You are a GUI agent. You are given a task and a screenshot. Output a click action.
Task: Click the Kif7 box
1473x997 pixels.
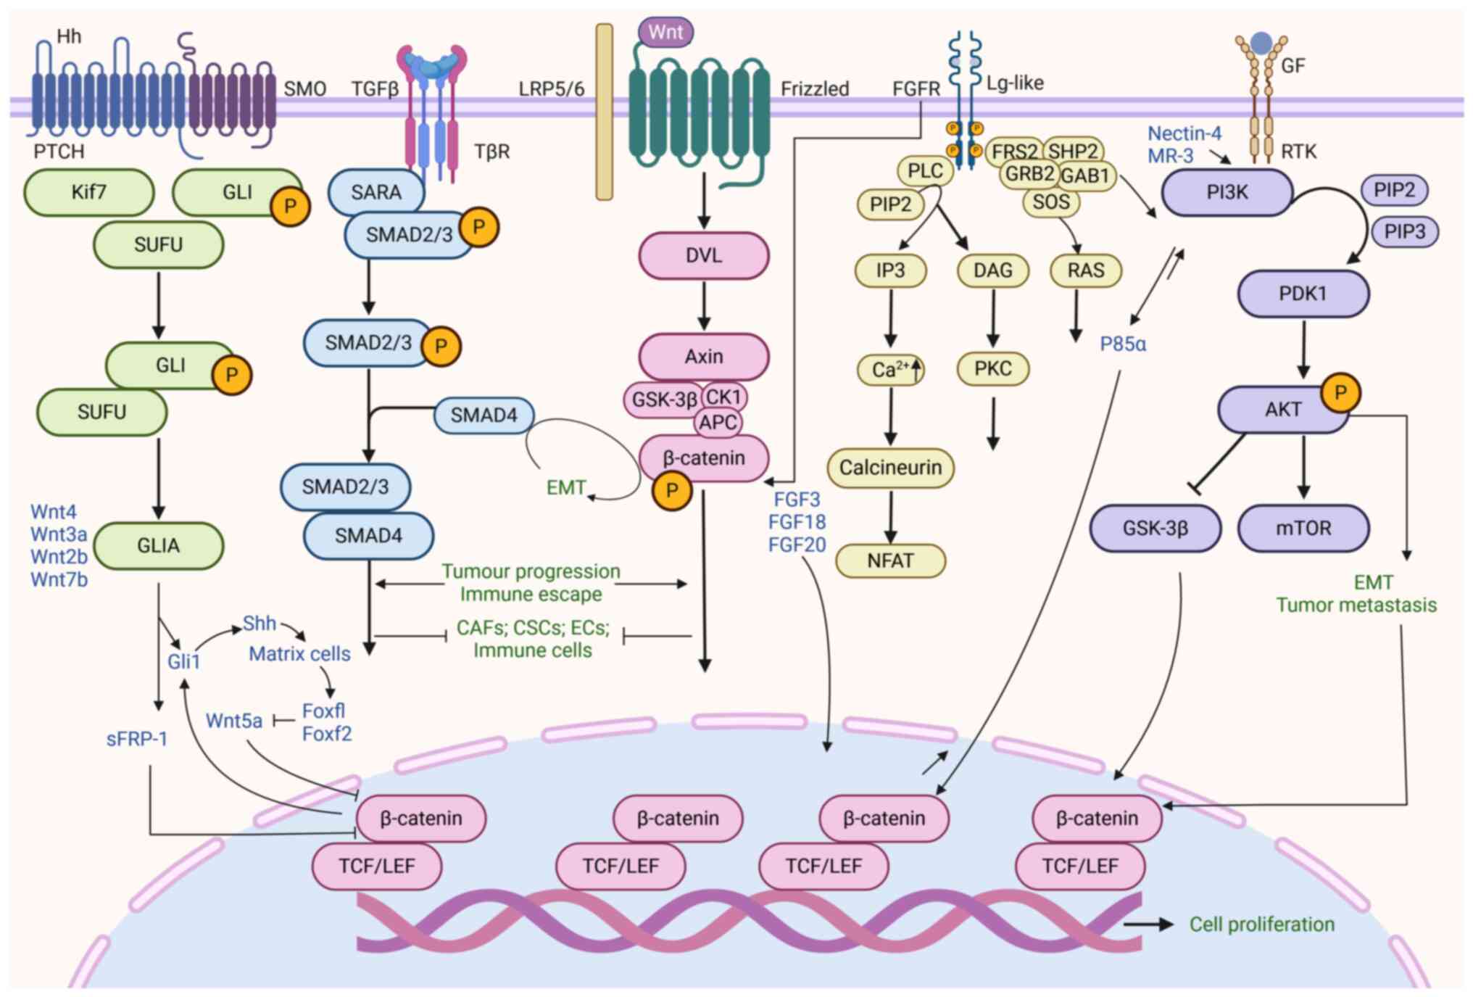pos(88,192)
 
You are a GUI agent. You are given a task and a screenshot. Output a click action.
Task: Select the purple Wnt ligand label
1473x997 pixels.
pos(665,32)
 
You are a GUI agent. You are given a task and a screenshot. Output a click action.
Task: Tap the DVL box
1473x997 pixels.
pos(703,255)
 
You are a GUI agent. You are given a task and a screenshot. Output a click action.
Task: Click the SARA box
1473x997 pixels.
pos(375,192)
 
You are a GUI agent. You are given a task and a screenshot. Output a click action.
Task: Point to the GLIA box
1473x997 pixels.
pos(158,545)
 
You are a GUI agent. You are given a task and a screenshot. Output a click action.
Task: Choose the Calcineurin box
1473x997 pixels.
pos(890,468)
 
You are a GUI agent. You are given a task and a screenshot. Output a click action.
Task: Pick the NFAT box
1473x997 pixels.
pos(890,560)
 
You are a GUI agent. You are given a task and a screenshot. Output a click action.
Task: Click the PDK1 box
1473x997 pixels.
pos(1303,294)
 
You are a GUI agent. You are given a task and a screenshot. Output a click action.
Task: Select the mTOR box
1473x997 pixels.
pos(1303,528)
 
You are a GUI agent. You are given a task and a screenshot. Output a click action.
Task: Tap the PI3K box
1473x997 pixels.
pos(1227,192)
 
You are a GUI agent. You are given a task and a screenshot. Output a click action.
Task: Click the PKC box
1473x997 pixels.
pos(992,369)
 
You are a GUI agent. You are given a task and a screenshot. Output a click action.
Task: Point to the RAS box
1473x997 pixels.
pos(1085,270)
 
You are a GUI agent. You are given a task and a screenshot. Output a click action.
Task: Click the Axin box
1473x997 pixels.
pos(703,356)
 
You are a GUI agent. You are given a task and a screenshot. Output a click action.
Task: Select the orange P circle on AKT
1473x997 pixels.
pos(1340,393)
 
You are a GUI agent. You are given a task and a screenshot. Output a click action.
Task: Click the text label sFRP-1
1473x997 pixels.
pos(136,739)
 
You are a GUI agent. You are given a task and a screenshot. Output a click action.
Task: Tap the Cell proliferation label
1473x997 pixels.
pos(1261,924)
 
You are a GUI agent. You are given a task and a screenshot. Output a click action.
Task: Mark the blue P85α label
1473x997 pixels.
pos(1123,344)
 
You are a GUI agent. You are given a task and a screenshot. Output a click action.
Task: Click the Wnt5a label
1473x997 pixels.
pos(233,721)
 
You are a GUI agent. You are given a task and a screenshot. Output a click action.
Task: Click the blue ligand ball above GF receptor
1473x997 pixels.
pos(1261,43)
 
